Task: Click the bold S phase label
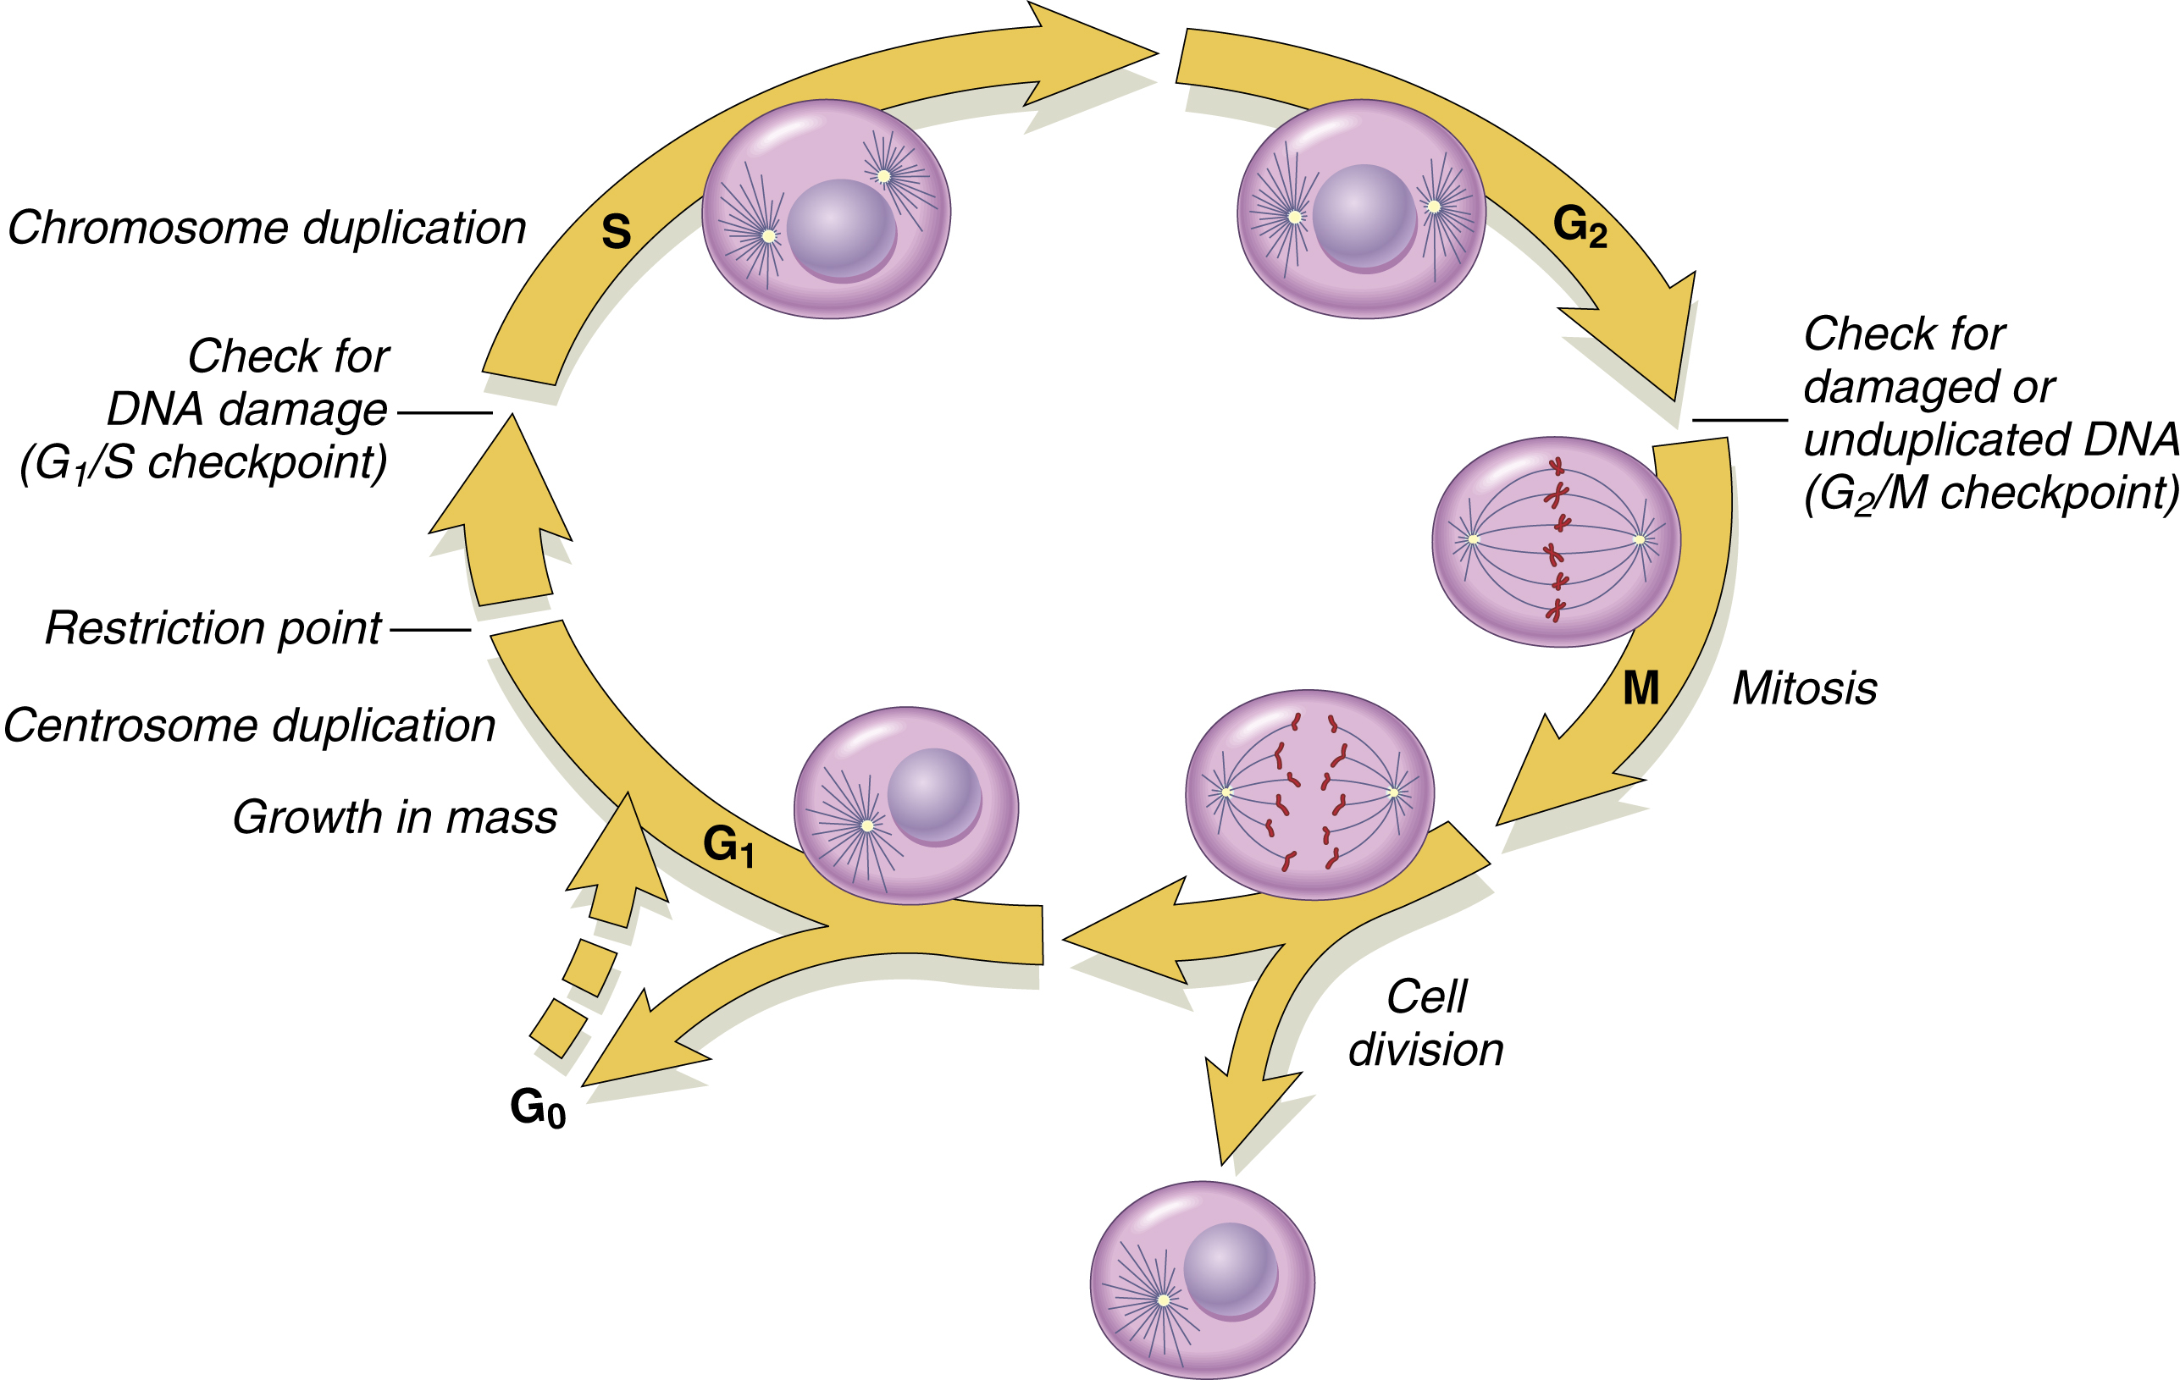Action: point(616,232)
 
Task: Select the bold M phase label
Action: point(1641,688)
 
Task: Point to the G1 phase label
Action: point(728,846)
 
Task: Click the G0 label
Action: point(538,1107)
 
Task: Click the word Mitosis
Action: point(1804,688)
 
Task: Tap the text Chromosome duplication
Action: point(267,228)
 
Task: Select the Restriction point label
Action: point(213,628)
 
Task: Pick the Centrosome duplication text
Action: point(250,726)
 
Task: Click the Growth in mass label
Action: point(395,817)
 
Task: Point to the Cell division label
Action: point(1426,1024)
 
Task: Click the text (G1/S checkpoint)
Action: point(204,462)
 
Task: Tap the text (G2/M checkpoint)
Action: point(1990,494)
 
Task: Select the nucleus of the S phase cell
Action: point(841,229)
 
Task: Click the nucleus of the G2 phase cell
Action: point(1364,216)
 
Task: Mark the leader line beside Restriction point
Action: point(430,630)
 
